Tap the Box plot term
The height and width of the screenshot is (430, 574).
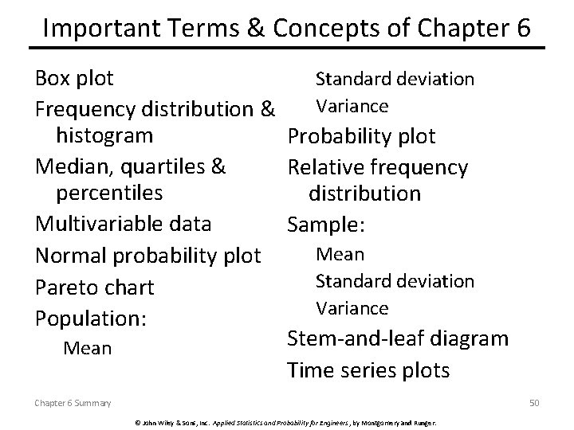pos(74,78)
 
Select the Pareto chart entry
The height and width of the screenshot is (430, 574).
pos(94,287)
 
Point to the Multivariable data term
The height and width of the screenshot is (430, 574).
pos(123,224)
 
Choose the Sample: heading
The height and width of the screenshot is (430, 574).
pos(326,225)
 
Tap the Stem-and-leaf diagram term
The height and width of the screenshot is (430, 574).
pos(397,338)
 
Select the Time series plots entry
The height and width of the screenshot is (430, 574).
pos(368,370)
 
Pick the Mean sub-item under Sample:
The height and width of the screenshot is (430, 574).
pos(340,255)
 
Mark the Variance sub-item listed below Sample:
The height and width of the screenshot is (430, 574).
pos(352,307)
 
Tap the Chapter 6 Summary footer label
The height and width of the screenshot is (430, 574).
pos(73,404)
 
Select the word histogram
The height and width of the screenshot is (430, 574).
pos(104,135)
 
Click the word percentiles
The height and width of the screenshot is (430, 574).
pos(109,193)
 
